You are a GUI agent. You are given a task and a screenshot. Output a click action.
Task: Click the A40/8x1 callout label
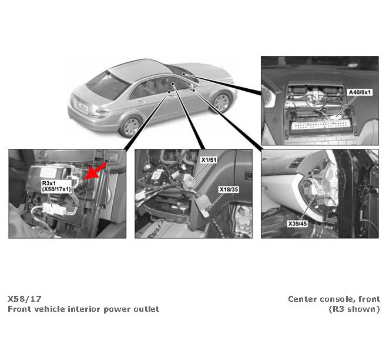tap(360, 92)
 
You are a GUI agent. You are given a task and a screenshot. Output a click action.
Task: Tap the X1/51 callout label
tap(209, 160)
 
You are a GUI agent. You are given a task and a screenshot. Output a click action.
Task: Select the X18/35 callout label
tap(229, 189)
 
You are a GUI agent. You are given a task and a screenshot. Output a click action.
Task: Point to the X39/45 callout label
tap(298, 224)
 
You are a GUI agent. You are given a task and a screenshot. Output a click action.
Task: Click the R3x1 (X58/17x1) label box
tap(56, 186)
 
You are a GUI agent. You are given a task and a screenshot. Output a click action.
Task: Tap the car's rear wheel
tap(130, 126)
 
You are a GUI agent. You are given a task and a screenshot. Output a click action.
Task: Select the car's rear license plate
tap(82, 106)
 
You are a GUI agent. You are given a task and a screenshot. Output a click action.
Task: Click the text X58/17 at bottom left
tap(24, 299)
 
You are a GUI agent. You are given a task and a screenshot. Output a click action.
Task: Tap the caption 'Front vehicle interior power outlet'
tap(83, 309)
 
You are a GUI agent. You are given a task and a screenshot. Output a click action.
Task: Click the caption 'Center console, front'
tap(334, 299)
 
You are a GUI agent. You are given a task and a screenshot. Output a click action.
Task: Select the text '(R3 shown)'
tap(354, 309)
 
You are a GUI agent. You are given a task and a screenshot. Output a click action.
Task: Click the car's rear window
tap(108, 85)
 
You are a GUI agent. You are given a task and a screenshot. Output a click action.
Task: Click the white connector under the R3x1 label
tap(53, 209)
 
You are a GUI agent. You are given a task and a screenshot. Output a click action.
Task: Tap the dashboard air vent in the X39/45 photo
tap(297, 162)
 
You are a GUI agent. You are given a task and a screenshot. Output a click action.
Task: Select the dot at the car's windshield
tap(183, 74)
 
